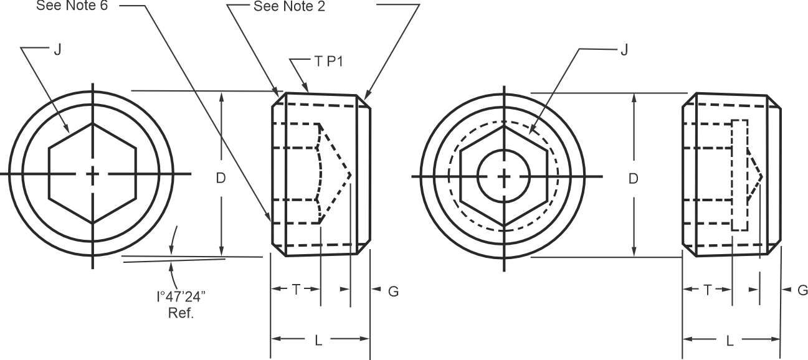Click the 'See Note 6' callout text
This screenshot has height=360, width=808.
point(72,6)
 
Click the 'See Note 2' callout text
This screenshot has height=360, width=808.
point(289,6)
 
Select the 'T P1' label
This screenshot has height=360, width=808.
point(328,62)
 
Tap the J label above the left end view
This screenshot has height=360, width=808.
point(58,49)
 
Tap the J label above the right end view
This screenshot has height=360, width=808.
point(624,49)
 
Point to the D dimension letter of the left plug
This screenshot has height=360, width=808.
point(221,178)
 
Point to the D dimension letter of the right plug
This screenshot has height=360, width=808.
point(634,179)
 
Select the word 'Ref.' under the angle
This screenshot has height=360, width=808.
point(181,313)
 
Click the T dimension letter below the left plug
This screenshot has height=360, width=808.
point(296,289)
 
